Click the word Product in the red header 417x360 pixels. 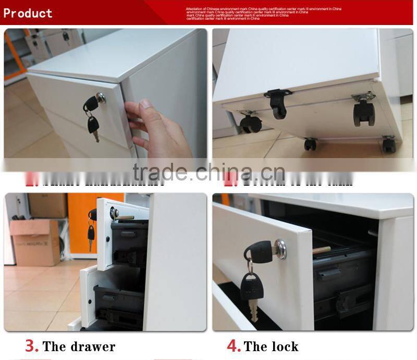28,13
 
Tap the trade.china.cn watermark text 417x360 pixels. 208,172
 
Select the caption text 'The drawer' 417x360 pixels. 79,346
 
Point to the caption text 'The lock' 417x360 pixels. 271,346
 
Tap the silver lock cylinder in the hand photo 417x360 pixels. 101,98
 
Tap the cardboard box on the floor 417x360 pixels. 35,242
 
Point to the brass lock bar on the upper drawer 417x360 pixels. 125,217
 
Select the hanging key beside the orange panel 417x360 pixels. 91,235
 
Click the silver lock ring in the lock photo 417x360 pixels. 280,249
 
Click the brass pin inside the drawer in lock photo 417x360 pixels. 321,250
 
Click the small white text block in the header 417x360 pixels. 263,14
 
